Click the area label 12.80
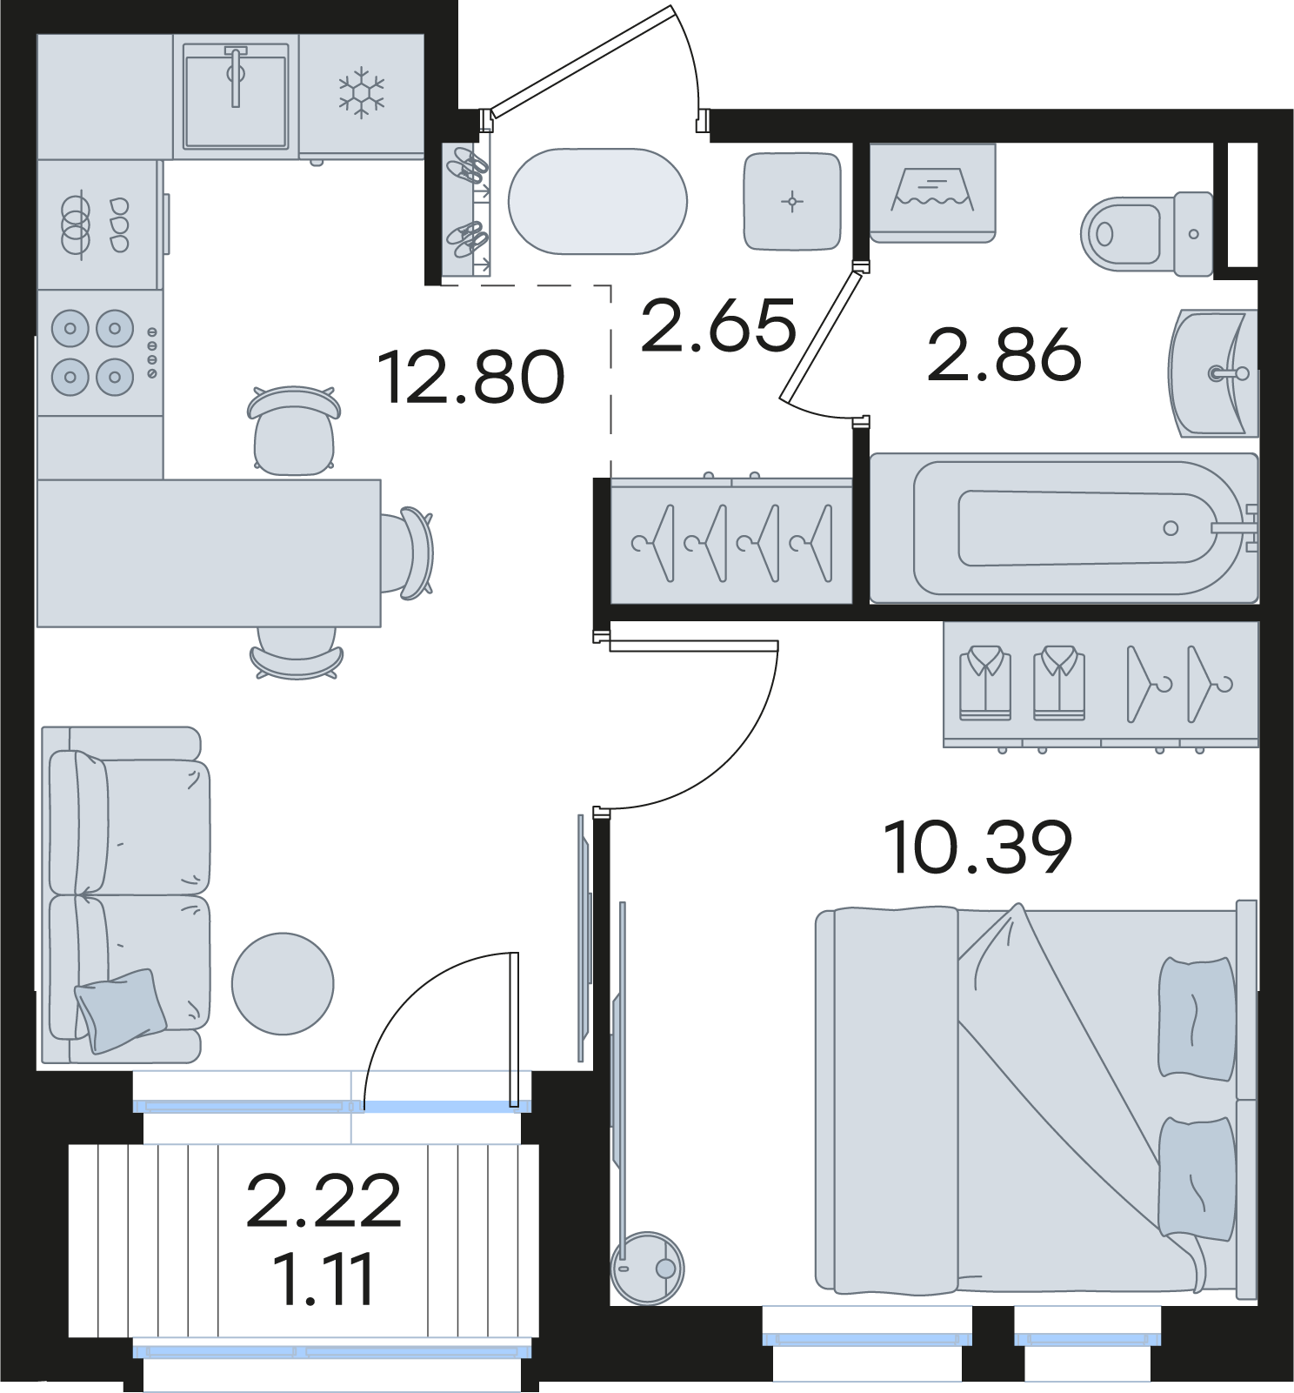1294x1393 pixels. pos(472,377)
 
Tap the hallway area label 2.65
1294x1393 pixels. pos(718,325)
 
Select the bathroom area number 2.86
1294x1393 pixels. pos(1004,355)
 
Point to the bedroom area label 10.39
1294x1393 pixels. pos(977,847)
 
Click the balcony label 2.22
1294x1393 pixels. pos(323,1201)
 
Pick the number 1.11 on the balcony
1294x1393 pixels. pos(323,1278)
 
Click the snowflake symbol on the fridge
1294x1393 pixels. pos(361,93)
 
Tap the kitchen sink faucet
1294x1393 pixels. pos(236,76)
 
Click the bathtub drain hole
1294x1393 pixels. pos(1171,528)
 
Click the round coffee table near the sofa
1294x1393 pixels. pos(283,983)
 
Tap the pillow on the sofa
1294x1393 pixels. pos(121,1010)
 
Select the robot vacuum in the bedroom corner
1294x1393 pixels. pos(648,1267)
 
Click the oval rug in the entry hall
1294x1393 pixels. pos(597,201)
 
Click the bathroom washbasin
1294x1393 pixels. pos(1213,373)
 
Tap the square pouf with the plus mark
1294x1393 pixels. pos(792,202)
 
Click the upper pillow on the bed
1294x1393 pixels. pos(1197,1018)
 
